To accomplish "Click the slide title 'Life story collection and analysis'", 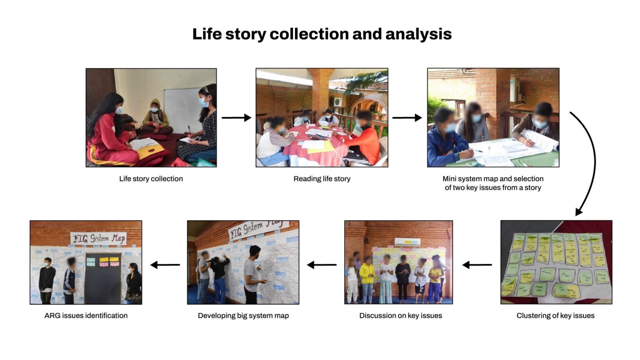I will click(x=322, y=34).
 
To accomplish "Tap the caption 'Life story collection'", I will click(x=151, y=179).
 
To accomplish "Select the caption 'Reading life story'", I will click(x=322, y=179).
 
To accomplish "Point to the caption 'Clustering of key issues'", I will click(x=555, y=315).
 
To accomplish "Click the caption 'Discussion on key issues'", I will click(x=400, y=315).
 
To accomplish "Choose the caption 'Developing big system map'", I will click(x=243, y=315).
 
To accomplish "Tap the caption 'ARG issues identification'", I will click(x=86, y=315).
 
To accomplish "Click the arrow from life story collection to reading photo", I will click(x=236, y=118).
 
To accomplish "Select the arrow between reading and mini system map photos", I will click(x=407, y=118).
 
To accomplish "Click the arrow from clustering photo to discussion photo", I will click(x=477, y=265).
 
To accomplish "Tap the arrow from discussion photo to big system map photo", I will click(x=322, y=265).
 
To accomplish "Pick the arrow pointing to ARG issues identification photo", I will click(x=165, y=265).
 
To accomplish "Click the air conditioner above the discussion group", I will click(x=407, y=242).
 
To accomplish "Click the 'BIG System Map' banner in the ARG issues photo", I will click(x=98, y=238).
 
